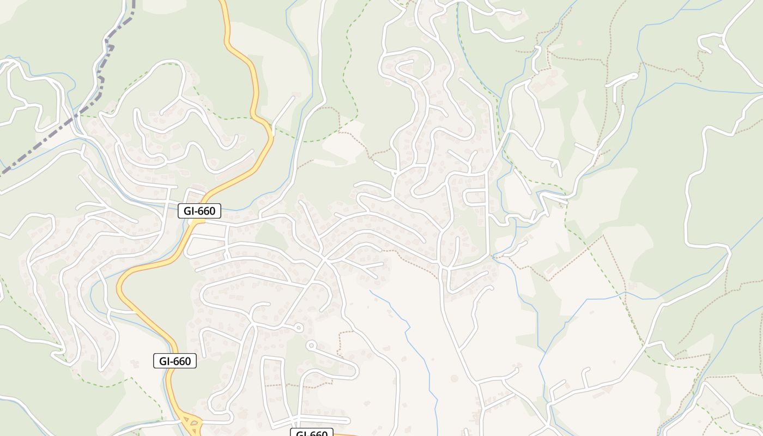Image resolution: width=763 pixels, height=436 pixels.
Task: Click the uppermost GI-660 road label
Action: coord(199,211)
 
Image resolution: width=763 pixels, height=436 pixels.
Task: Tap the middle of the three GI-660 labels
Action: coord(175,361)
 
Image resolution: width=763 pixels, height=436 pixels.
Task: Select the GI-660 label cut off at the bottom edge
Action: coord(311,433)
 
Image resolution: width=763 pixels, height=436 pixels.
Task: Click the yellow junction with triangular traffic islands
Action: coord(191,422)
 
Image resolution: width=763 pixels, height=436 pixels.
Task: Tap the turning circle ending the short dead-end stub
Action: coord(298,328)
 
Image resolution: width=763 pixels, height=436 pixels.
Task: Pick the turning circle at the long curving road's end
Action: coord(311,345)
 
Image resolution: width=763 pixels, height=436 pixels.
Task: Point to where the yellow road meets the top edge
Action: coord(222,2)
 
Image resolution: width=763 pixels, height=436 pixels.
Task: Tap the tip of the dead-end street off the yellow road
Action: coord(293,98)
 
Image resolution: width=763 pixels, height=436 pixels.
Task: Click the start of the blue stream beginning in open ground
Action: coord(371,292)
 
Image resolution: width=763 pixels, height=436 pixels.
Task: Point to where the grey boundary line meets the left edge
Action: coord(2,173)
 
